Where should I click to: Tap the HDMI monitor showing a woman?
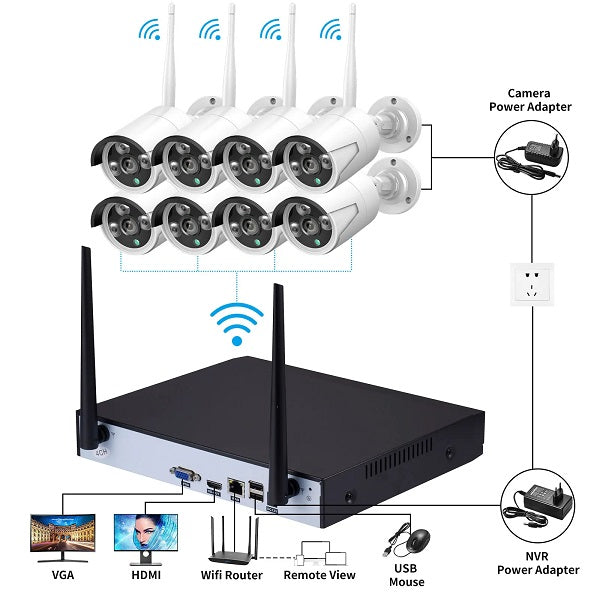[x=146, y=537]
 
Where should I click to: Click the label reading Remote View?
[x=319, y=575]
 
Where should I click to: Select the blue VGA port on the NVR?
[x=184, y=474]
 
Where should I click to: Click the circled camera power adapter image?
[x=538, y=152]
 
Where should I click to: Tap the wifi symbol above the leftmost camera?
[x=150, y=30]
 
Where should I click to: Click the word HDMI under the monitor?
[x=146, y=575]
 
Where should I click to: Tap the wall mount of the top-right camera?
[x=402, y=114]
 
